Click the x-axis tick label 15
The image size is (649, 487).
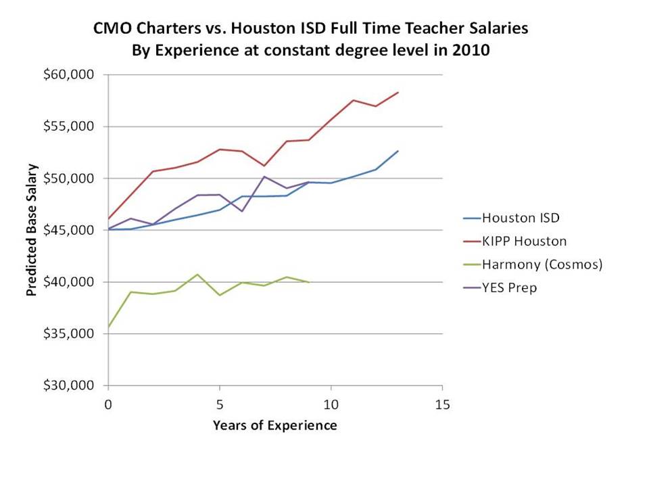click(442, 404)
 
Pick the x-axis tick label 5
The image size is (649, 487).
click(219, 404)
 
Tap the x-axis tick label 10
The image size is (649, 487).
click(331, 404)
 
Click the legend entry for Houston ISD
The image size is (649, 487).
click(521, 218)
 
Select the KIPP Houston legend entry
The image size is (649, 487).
click(524, 241)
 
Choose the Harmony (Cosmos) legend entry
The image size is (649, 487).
click(541, 264)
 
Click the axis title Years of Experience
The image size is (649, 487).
click(274, 425)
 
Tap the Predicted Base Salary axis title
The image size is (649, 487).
click(31, 230)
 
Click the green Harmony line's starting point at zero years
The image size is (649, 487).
click(108, 327)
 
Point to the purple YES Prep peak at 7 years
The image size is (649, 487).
click(264, 177)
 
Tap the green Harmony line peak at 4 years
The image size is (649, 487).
click(197, 274)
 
